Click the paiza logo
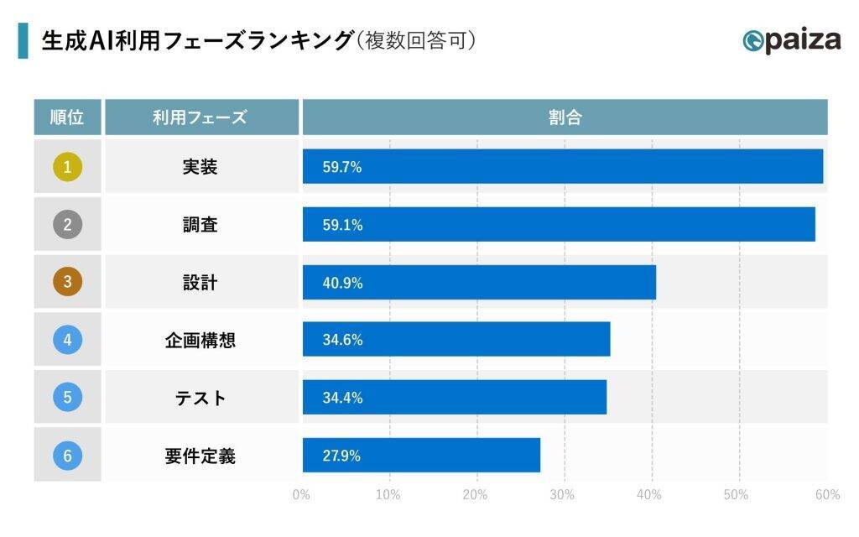coord(791,40)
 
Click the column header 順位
coord(67,117)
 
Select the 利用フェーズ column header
coord(200,117)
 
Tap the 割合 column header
coord(565,117)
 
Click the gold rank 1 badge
coord(67,167)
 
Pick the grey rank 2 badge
coord(67,225)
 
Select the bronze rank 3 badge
coord(67,283)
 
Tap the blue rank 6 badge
coord(67,456)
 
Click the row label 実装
coord(200,167)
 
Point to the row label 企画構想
coord(200,341)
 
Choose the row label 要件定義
coord(200,456)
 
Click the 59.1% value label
coord(342,225)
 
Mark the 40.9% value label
coord(342,283)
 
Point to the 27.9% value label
coord(341,456)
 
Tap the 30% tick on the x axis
coord(563,495)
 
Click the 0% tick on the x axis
coord(301,495)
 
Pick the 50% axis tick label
coord(736,495)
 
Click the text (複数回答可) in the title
coord(415,40)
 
